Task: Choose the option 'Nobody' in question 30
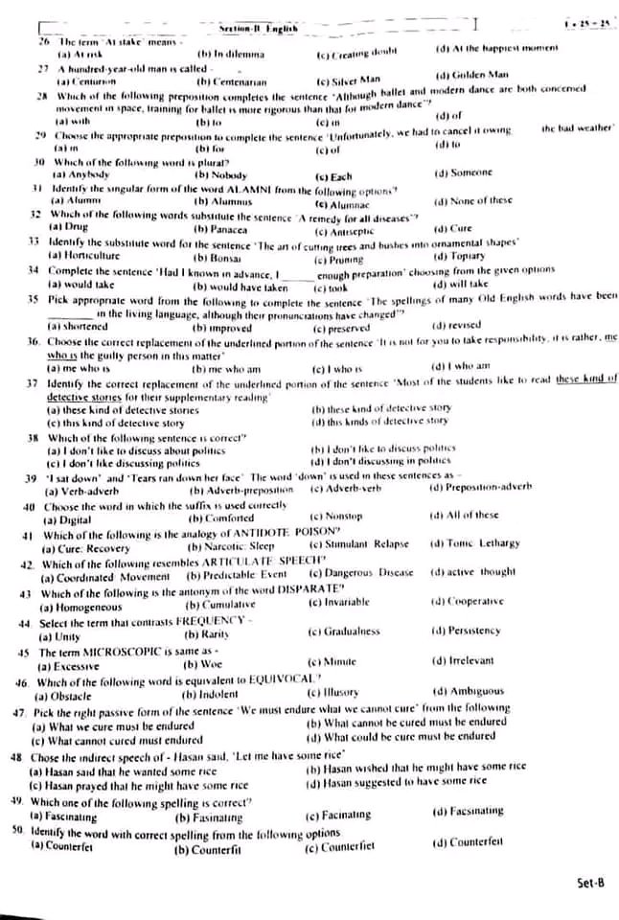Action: click(x=226, y=175)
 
